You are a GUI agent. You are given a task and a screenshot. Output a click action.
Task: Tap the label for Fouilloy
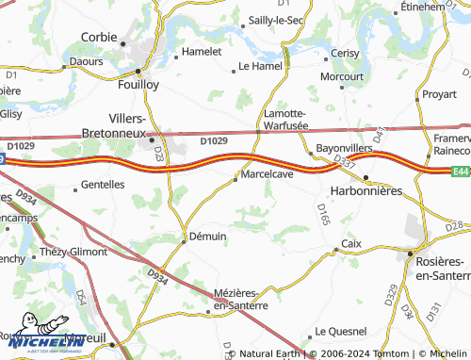tap(138, 82)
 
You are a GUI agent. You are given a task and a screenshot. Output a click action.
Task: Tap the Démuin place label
tap(207, 236)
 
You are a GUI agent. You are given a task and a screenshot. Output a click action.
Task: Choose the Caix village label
tap(351, 243)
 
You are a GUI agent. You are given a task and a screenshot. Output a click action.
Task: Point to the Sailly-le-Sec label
tap(275, 20)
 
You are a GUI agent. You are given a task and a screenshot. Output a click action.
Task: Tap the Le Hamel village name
tap(260, 67)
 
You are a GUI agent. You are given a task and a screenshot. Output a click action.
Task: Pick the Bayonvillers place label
tap(346, 149)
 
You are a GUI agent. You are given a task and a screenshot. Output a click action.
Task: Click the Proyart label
tap(438, 94)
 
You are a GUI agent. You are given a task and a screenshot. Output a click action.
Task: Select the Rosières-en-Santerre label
tap(442, 268)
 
